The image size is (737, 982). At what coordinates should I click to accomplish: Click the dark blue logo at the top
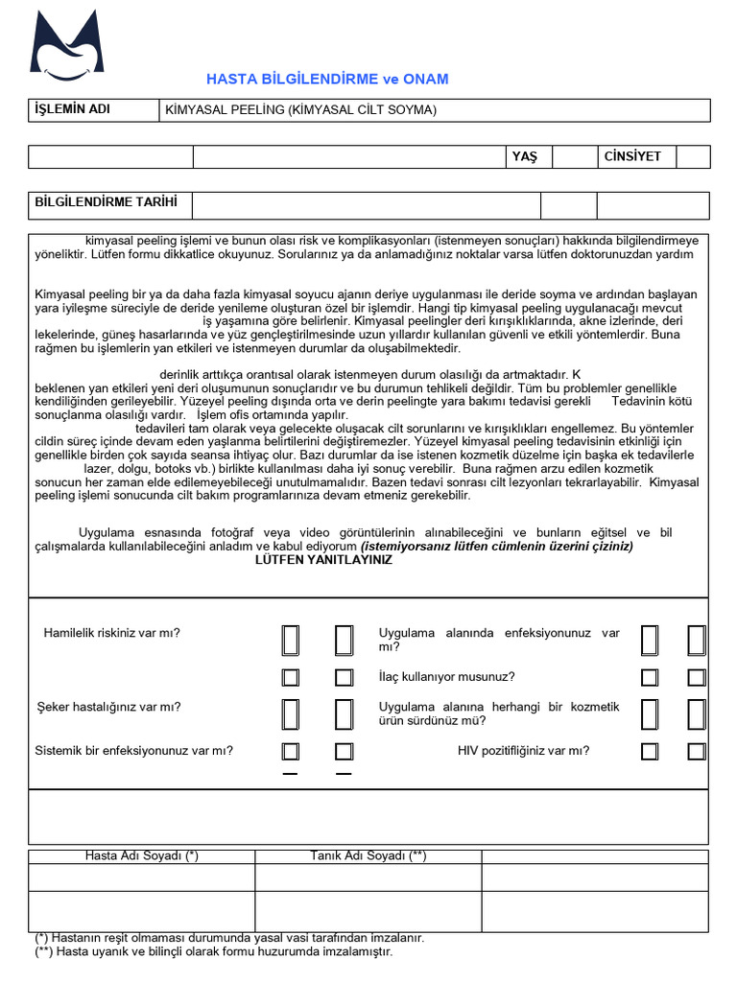click(x=66, y=46)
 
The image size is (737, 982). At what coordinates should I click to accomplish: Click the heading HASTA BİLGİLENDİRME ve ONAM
click(x=327, y=80)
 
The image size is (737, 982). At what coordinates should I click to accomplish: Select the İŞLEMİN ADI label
click(x=73, y=109)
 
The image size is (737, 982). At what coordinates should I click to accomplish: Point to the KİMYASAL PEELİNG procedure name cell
click(x=300, y=110)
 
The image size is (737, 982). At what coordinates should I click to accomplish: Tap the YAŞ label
click(x=525, y=156)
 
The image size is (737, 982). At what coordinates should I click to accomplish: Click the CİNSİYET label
click(x=632, y=156)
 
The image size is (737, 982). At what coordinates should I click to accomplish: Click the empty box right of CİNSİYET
click(x=693, y=156)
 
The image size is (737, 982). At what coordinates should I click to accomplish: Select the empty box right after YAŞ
click(x=574, y=156)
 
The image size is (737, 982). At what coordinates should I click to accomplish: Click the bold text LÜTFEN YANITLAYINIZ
click(x=323, y=560)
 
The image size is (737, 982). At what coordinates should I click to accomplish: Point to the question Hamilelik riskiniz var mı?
click(x=111, y=633)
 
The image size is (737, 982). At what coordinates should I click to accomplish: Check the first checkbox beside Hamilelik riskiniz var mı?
click(x=291, y=640)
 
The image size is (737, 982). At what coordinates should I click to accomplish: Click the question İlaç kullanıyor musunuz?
click(x=446, y=677)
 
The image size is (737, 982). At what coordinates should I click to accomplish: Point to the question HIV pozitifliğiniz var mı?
click(x=523, y=751)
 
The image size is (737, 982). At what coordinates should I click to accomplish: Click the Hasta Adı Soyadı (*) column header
click(x=142, y=856)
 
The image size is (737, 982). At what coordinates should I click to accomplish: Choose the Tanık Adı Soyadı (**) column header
click(x=368, y=856)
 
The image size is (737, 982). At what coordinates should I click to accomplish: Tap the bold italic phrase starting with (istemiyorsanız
click(x=497, y=547)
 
